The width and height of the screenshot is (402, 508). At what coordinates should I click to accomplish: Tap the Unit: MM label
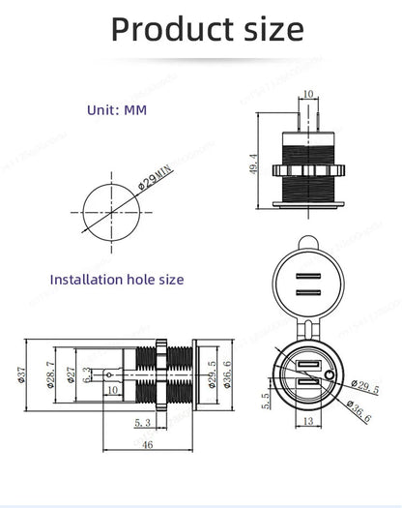coord(117,110)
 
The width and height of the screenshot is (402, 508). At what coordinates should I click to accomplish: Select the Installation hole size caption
coord(117,280)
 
